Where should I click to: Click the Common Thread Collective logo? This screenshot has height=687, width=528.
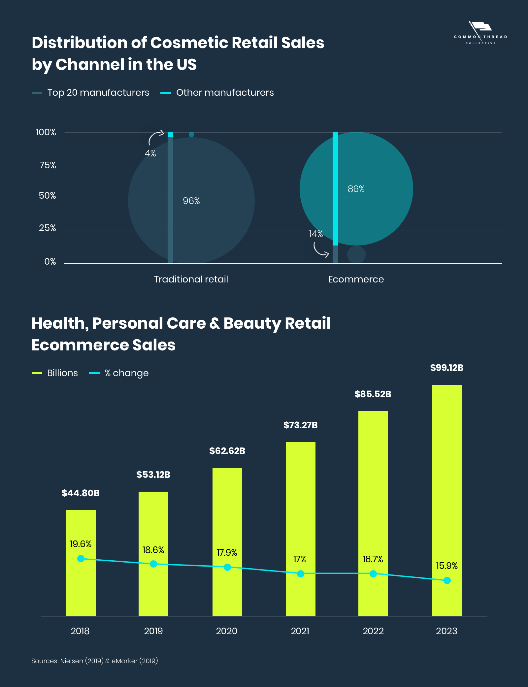tap(480, 33)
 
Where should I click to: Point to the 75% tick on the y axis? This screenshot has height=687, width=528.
tap(48, 165)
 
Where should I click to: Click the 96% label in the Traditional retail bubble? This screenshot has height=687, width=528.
tap(191, 201)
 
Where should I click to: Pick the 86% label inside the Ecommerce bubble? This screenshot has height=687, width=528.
tap(356, 189)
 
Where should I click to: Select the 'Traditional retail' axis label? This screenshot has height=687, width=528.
tap(191, 279)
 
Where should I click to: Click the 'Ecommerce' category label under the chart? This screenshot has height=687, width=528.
tap(356, 279)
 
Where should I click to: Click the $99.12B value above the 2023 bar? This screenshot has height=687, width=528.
tap(447, 368)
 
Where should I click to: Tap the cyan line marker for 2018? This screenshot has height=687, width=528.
tap(81, 559)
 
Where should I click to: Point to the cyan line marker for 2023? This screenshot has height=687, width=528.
tap(447, 580)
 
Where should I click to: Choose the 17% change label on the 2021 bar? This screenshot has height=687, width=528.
tap(300, 559)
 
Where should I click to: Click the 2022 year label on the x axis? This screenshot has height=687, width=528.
tap(373, 631)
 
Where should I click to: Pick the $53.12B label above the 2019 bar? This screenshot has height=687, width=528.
tap(153, 475)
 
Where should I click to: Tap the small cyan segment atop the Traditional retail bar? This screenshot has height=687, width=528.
tap(170, 135)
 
